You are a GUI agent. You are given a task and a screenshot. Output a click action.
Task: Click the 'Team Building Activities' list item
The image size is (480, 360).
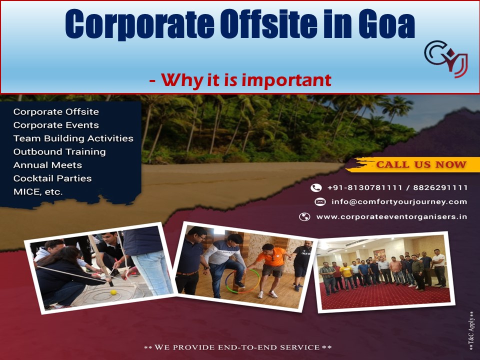(x=73, y=138)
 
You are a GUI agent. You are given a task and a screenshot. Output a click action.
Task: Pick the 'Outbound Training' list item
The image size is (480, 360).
(x=59, y=151)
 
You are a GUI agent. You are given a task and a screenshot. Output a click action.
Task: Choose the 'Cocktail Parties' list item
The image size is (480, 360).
(x=52, y=178)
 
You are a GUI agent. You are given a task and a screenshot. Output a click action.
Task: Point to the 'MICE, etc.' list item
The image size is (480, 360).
(x=38, y=191)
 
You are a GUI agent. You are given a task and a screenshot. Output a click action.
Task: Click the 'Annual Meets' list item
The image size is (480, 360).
(x=47, y=165)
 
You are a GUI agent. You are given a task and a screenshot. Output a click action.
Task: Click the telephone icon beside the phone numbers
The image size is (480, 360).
(x=316, y=188)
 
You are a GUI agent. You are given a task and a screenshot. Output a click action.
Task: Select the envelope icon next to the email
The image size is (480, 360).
(x=320, y=202)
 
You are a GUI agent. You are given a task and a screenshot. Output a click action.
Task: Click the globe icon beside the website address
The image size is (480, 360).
(x=304, y=217)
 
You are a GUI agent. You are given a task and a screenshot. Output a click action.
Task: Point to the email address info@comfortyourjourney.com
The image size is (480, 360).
(x=399, y=202)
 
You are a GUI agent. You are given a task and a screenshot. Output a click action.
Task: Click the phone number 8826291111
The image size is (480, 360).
(x=440, y=188)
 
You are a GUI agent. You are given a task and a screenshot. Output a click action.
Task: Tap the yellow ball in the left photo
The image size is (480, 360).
(x=113, y=292)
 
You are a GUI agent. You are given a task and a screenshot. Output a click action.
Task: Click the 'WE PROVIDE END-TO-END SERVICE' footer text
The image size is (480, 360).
(x=237, y=347)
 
